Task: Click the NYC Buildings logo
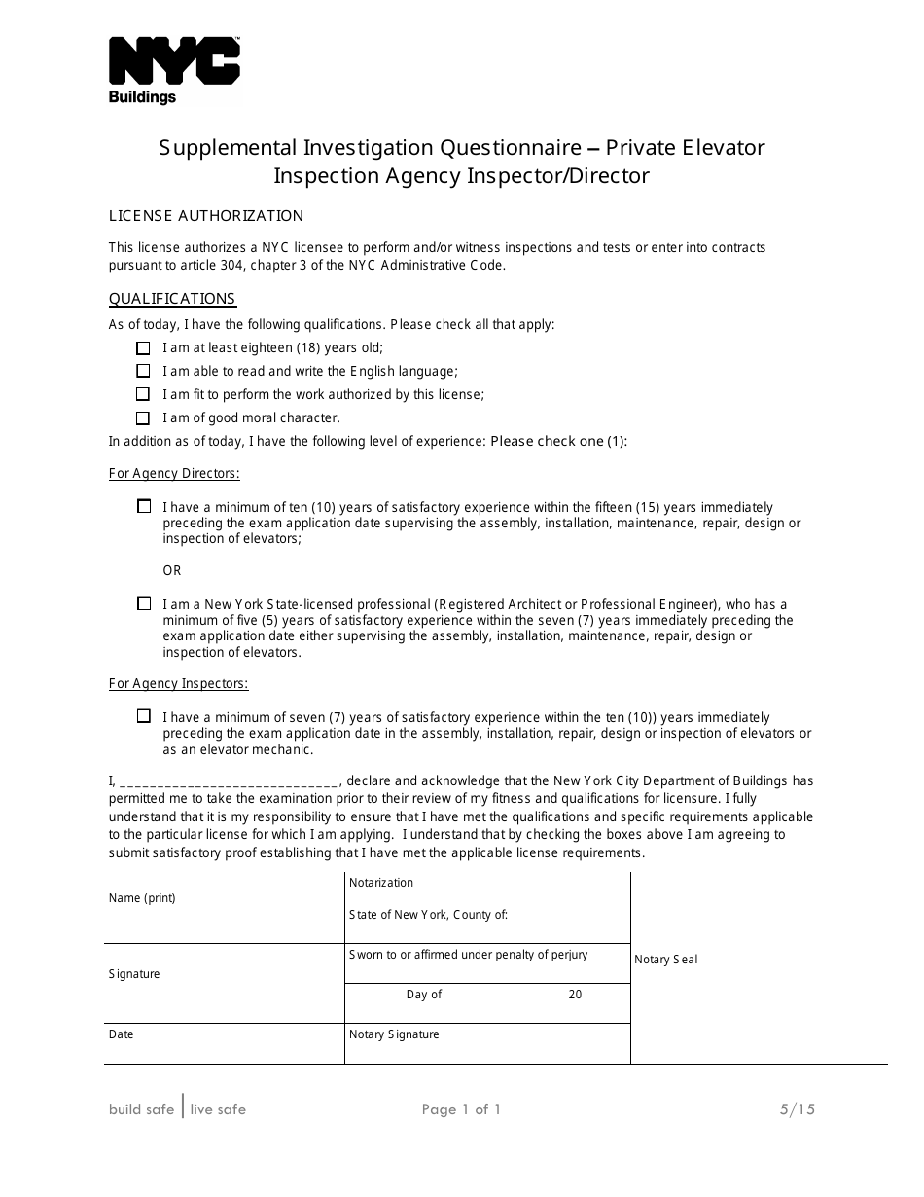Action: (x=174, y=70)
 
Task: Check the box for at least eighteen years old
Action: (x=143, y=347)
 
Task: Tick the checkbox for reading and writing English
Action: (x=143, y=371)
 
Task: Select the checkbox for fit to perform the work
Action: (x=143, y=394)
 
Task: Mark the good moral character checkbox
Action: (x=143, y=417)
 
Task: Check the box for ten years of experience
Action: (x=144, y=506)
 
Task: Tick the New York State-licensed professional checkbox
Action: (x=144, y=603)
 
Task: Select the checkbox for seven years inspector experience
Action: (x=144, y=716)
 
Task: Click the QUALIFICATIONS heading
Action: (x=172, y=299)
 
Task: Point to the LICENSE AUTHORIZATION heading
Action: (x=206, y=216)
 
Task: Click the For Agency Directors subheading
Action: (x=174, y=474)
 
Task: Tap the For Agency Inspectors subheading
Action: (x=178, y=684)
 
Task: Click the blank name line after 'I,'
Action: (x=230, y=781)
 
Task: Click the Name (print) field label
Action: (x=142, y=898)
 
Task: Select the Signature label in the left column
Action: (x=134, y=974)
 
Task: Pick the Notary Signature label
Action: (x=394, y=1034)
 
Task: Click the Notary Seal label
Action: (x=666, y=960)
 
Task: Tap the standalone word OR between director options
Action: (x=172, y=570)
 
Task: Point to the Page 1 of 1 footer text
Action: (x=461, y=1109)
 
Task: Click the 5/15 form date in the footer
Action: (x=797, y=1109)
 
